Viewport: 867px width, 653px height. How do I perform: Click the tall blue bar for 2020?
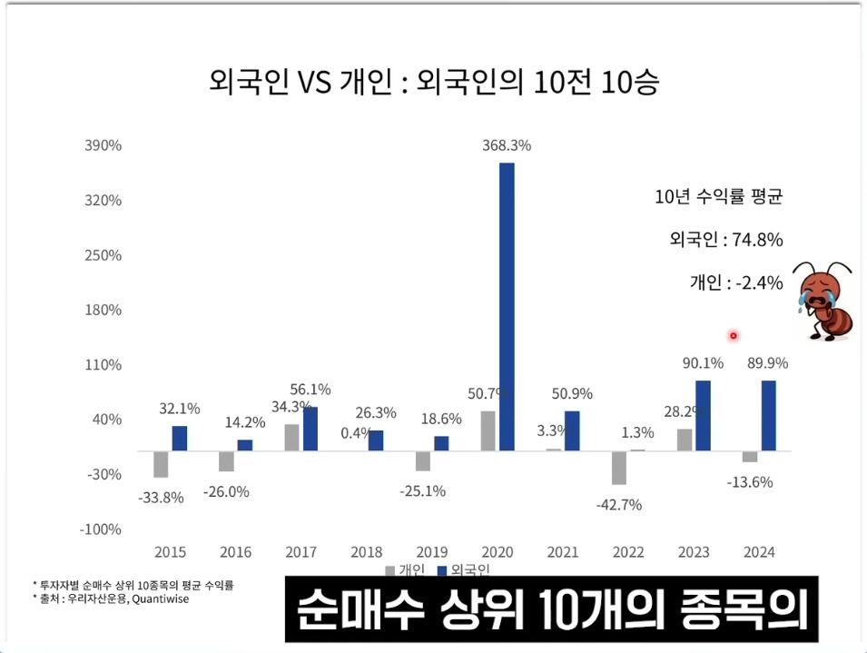point(507,306)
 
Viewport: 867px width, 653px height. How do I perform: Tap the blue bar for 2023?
point(703,415)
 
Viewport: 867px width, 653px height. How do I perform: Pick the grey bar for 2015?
point(161,463)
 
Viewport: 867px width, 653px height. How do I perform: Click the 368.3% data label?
point(507,145)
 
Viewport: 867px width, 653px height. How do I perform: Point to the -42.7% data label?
point(619,504)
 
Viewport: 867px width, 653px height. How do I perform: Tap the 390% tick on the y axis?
point(103,145)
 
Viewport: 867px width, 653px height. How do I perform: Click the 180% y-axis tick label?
point(103,310)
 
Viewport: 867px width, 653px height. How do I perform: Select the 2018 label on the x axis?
point(367,551)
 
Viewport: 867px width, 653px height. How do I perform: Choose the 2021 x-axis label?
point(563,551)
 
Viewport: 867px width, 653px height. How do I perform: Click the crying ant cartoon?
point(822,302)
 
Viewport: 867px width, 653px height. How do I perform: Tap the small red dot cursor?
point(734,336)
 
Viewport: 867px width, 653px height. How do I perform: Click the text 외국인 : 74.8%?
point(725,240)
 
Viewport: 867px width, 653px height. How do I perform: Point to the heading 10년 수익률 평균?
point(718,197)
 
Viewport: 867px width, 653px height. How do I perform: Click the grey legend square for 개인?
point(390,570)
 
